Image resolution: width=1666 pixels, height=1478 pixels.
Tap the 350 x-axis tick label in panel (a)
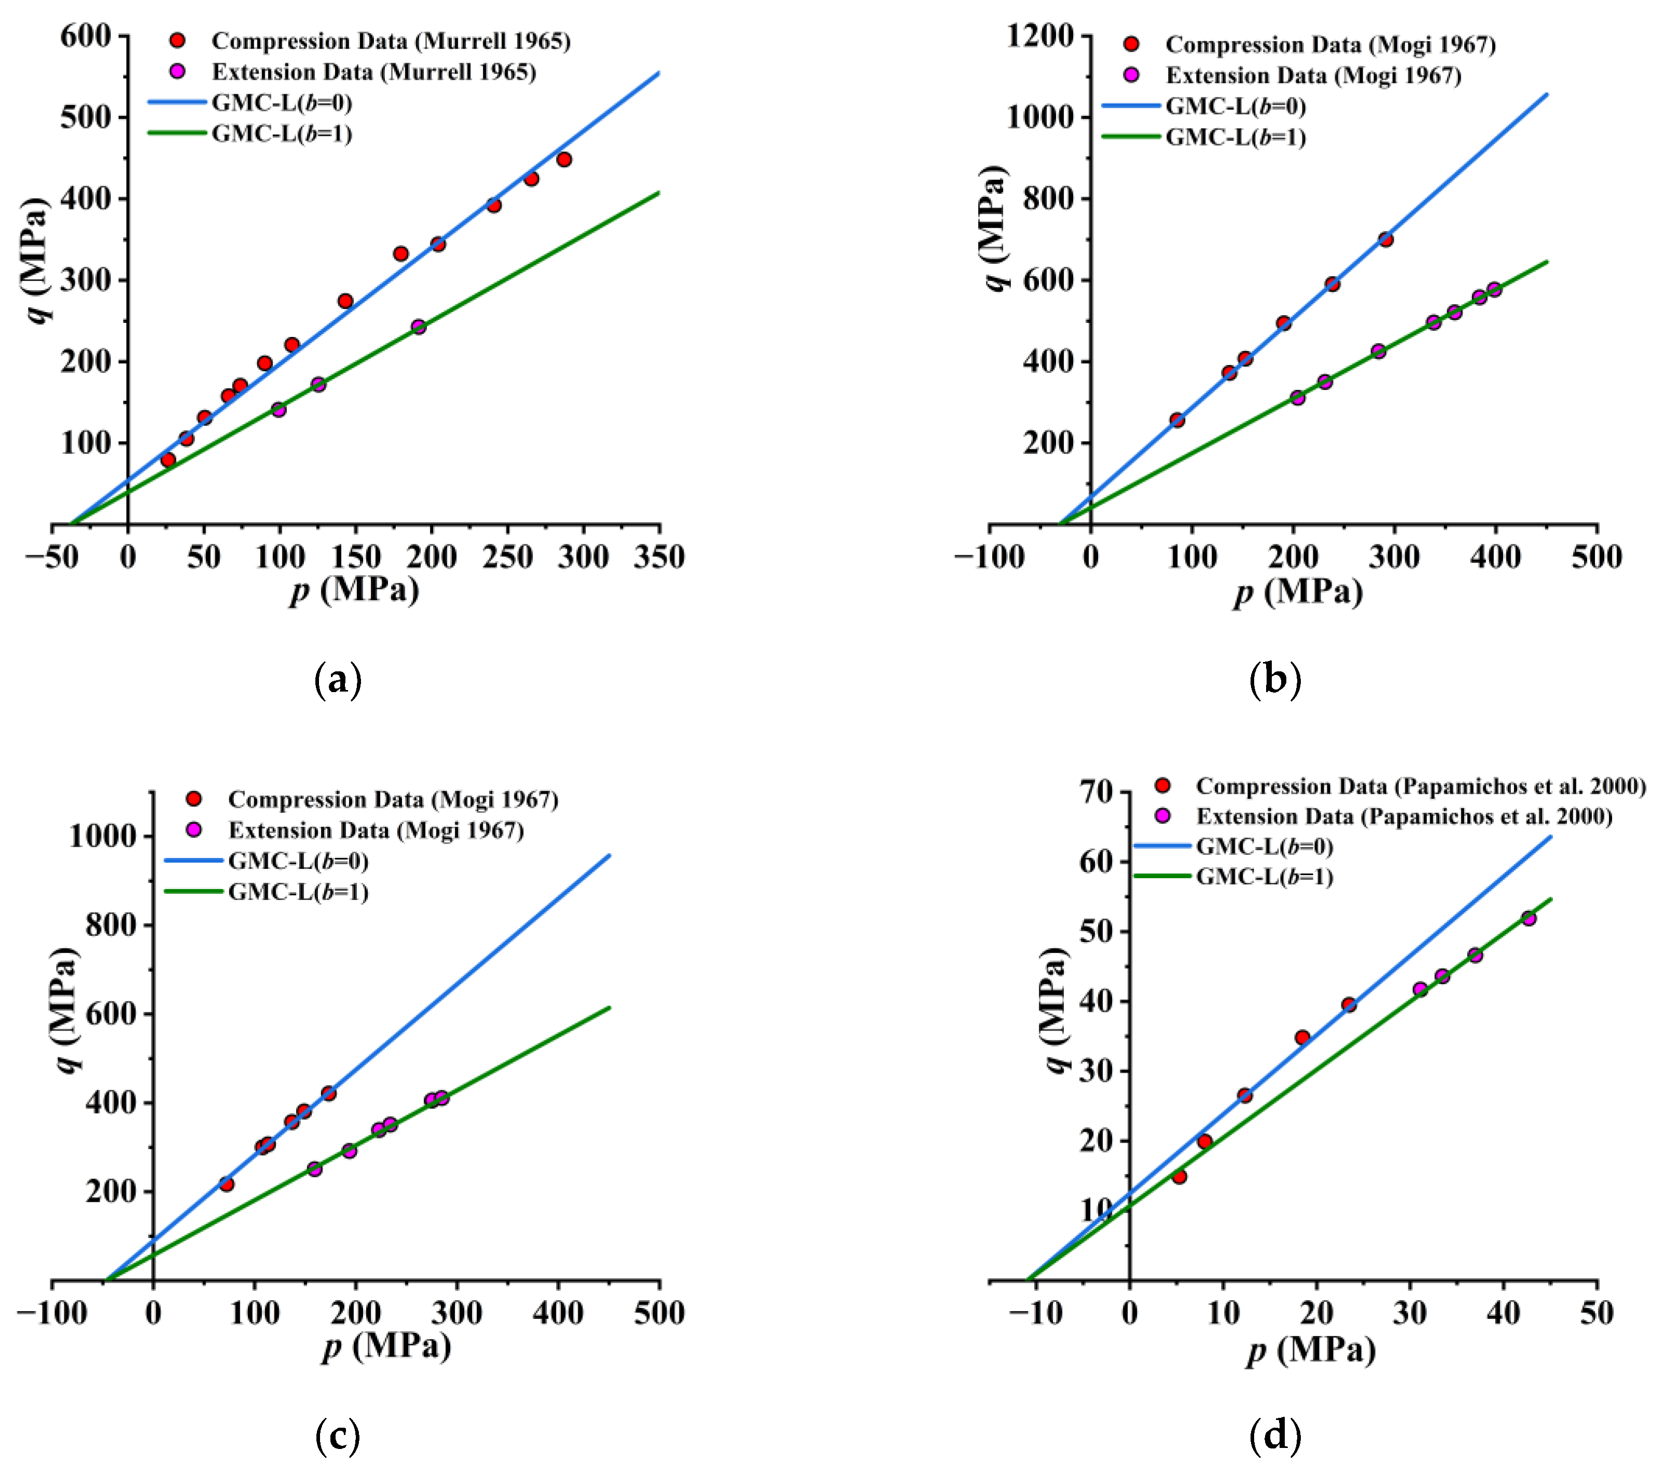[659, 557]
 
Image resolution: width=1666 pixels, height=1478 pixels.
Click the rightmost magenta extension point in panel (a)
[418, 327]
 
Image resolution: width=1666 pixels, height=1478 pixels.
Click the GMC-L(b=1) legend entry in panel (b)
[1235, 137]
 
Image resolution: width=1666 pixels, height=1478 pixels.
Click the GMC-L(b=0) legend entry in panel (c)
[298, 861]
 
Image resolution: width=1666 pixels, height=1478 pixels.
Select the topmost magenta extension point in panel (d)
[1528, 918]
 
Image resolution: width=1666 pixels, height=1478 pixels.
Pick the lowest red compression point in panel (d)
[1178, 1176]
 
